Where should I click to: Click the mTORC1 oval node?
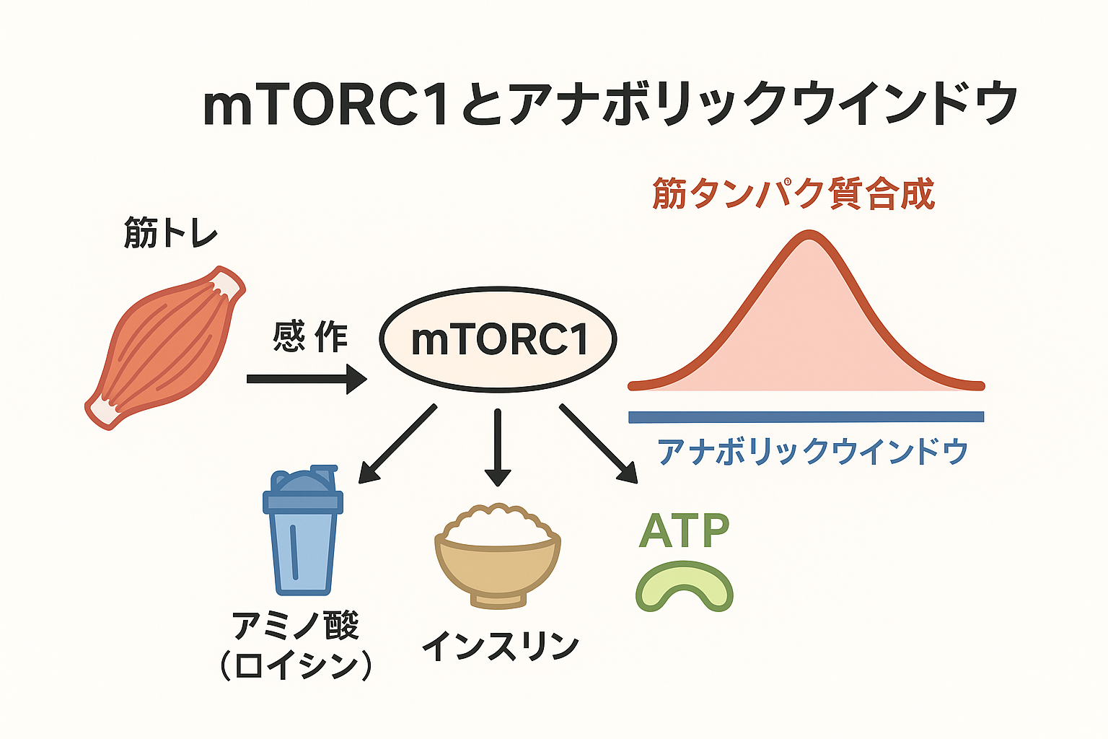(498, 340)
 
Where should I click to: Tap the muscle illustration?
(165, 347)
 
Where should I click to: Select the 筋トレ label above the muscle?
(171, 232)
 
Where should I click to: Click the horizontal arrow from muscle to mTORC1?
(307, 379)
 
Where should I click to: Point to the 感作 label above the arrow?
(310, 336)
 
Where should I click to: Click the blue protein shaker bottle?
(303, 530)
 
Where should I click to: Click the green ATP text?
(684, 530)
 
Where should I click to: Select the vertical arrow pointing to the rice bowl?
(498, 447)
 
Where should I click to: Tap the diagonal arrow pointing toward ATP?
(599, 444)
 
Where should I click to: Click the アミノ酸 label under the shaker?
(296, 626)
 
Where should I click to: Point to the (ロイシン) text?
(296, 668)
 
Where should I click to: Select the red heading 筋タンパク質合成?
(793, 194)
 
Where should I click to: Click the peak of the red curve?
(809, 234)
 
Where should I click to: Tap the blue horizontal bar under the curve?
(806, 417)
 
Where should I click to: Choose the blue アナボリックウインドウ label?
(812, 452)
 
